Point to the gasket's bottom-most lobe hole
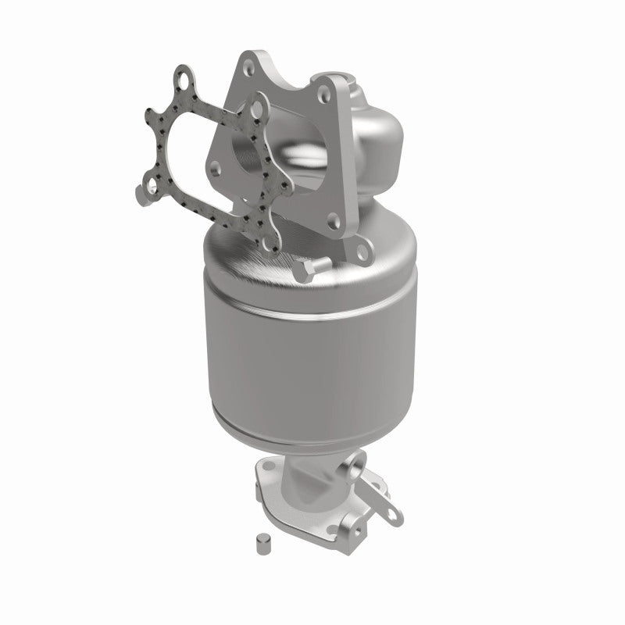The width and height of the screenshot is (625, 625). click(272, 244)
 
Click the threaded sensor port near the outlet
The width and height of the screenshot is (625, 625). click(357, 474)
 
